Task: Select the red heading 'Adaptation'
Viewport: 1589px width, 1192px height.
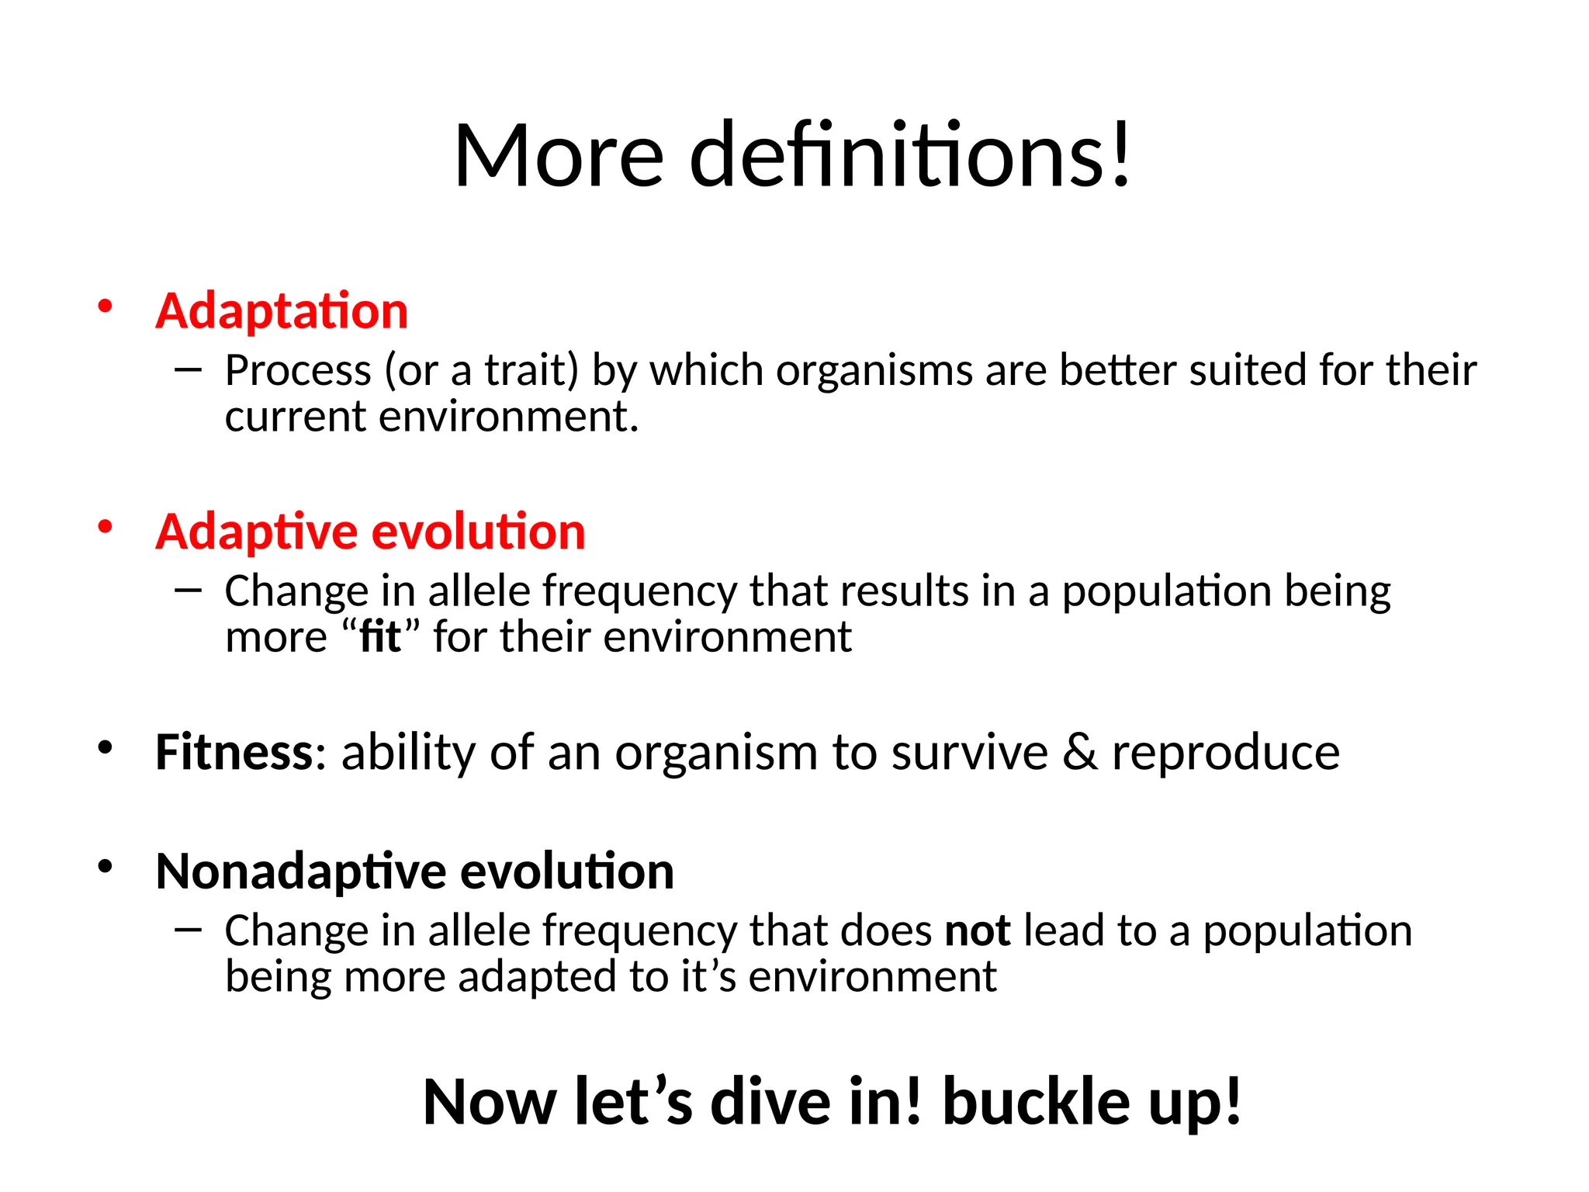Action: click(282, 311)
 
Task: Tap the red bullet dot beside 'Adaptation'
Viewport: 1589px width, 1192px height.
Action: click(105, 306)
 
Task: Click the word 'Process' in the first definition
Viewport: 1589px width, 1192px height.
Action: click(298, 370)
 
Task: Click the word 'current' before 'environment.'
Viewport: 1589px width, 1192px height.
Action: click(295, 417)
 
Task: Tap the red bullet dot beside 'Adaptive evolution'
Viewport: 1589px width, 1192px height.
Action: click(105, 527)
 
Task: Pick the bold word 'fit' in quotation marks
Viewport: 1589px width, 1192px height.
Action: click(380, 637)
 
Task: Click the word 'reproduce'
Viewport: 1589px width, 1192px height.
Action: click(1226, 752)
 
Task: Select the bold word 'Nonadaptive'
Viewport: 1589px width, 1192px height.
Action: click(300, 871)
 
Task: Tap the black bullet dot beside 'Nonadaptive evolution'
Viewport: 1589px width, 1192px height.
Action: click(105, 865)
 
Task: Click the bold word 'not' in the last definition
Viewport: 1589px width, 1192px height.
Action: click(978, 930)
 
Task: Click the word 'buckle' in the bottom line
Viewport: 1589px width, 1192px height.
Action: click(1036, 1102)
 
